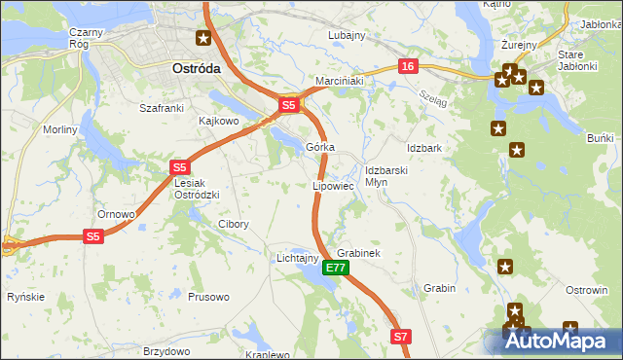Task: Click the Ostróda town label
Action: pyautogui.click(x=196, y=69)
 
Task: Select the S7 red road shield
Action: pyautogui.click(x=402, y=337)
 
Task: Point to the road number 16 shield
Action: pyautogui.click(x=407, y=65)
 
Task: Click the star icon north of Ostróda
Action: pyautogui.click(x=202, y=39)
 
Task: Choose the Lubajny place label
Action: pyautogui.click(x=346, y=35)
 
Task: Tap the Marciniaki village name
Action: pyautogui.click(x=339, y=81)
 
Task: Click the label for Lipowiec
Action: pyautogui.click(x=332, y=184)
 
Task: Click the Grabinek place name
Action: pyautogui.click(x=357, y=253)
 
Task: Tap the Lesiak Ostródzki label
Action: pyautogui.click(x=197, y=189)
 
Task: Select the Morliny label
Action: pyautogui.click(x=60, y=129)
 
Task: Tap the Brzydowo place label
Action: pyautogui.click(x=165, y=350)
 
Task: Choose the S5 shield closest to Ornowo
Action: pyautogui.click(x=92, y=236)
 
